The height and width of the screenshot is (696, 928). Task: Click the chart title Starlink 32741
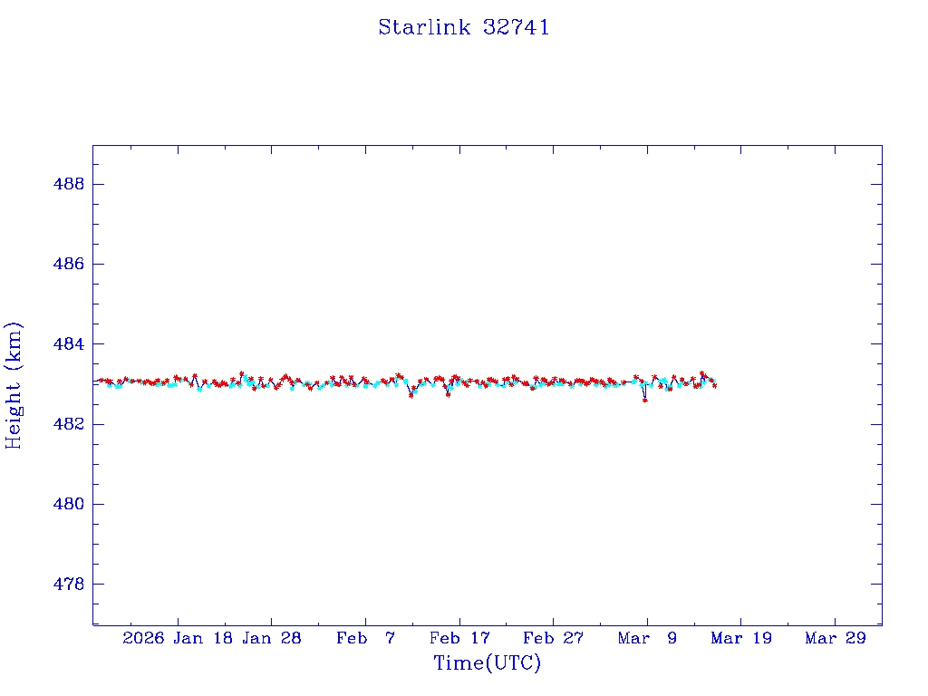[x=464, y=27]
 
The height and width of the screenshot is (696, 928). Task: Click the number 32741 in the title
[x=517, y=27]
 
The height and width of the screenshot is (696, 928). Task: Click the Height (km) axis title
[x=14, y=385]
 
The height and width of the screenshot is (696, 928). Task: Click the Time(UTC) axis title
[x=488, y=663]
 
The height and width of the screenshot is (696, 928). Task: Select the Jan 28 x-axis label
[x=271, y=638]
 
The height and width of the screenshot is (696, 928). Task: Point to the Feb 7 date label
[x=365, y=638]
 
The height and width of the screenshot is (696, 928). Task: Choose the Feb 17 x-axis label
[x=459, y=638]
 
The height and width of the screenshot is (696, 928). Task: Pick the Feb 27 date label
[x=553, y=638]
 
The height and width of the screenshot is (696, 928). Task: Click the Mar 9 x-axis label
[x=647, y=638]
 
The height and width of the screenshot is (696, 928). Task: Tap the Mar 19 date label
[x=741, y=638]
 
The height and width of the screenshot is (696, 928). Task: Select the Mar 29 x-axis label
[x=836, y=638]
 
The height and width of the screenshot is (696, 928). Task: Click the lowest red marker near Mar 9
[x=645, y=400]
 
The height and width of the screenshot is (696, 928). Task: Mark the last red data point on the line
[x=715, y=386]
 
